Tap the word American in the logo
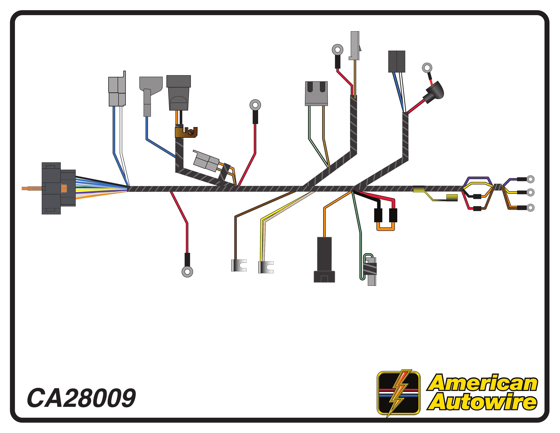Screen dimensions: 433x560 [482, 383]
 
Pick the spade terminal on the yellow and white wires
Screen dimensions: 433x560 [266, 267]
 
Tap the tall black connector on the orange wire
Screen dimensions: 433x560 [324, 259]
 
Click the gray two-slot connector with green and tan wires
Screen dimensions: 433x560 [316, 93]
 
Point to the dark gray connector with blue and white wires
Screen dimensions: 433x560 [397, 62]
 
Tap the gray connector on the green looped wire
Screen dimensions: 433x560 [372, 272]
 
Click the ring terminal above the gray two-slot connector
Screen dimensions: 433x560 [337, 49]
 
